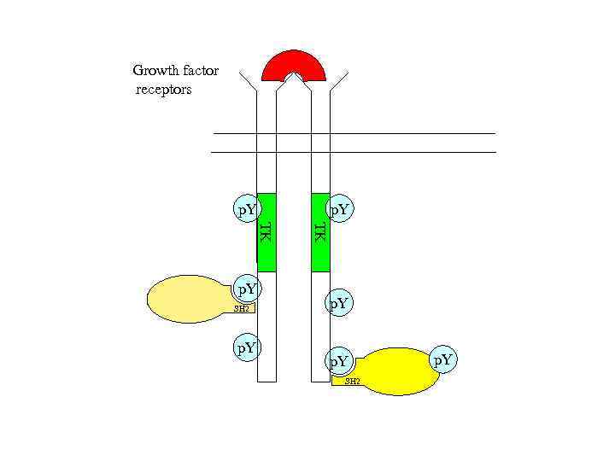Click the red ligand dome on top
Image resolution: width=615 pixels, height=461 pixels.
pyautogui.click(x=294, y=62)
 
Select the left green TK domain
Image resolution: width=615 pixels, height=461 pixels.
pyautogui.click(x=266, y=231)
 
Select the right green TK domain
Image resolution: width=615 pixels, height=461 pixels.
pyautogui.click(x=320, y=231)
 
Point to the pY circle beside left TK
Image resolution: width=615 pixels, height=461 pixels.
pyautogui.click(x=248, y=208)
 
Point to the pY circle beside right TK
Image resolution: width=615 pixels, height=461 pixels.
pyautogui.click(x=340, y=208)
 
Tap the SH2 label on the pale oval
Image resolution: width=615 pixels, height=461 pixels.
pyautogui.click(x=243, y=308)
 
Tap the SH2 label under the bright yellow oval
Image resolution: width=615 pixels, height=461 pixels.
pyautogui.click(x=351, y=381)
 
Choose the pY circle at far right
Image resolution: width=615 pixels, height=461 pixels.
pyautogui.click(x=442, y=361)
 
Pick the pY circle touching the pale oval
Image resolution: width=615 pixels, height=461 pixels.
pyautogui.click(x=248, y=289)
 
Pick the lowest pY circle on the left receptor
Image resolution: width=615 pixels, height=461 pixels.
pyautogui.click(x=248, y=347)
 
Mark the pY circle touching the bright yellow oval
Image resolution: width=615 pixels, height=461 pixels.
pyautogui.click(x=339, y=362)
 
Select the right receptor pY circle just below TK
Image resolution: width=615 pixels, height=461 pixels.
pyautogui.click(x=339, y=302)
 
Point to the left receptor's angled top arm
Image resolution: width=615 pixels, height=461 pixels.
pyautogui.click(x=248, y=81)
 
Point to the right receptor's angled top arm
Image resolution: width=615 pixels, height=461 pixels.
pyautogui.click(x=338, y=81)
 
